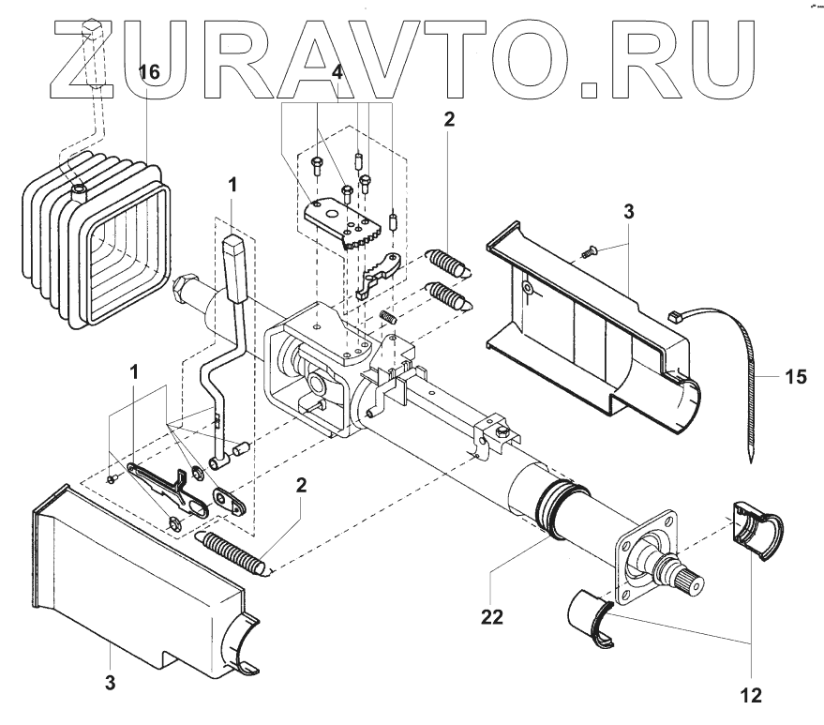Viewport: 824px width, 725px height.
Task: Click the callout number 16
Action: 149,71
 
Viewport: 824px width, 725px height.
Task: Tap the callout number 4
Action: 337,71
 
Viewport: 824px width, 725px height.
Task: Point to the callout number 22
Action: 492,616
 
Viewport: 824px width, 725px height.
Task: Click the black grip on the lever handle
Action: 233,267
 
